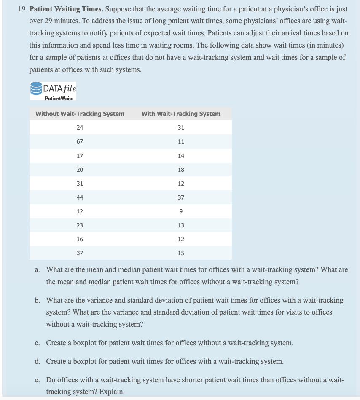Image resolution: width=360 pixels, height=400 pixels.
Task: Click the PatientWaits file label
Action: coord(59,98)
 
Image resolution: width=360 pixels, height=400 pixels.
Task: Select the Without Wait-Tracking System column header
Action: coord(80,114)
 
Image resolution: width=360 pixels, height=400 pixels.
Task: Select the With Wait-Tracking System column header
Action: coord(181,114)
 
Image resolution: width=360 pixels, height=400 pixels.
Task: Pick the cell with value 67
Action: coord(80,141)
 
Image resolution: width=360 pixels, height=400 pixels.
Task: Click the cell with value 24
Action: coord(80,128)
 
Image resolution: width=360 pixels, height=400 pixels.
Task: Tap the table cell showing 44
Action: coord(80,197)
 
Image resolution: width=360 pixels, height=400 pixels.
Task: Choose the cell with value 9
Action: coord(181,211)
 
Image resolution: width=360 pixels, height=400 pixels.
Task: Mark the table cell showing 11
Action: coord(181,141)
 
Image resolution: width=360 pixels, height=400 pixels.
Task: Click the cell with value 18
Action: coord(181,170)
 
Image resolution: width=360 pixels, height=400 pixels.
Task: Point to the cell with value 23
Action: coord(80,225)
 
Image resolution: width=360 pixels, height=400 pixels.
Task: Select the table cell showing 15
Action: coord(181,253)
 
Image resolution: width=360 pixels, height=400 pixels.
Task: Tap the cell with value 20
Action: coord(80,170)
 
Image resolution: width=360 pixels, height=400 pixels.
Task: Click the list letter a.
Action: coord(38,269)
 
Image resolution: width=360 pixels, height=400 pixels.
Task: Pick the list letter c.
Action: coord(38,343)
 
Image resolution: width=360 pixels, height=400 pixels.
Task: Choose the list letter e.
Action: coord(38,380)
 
